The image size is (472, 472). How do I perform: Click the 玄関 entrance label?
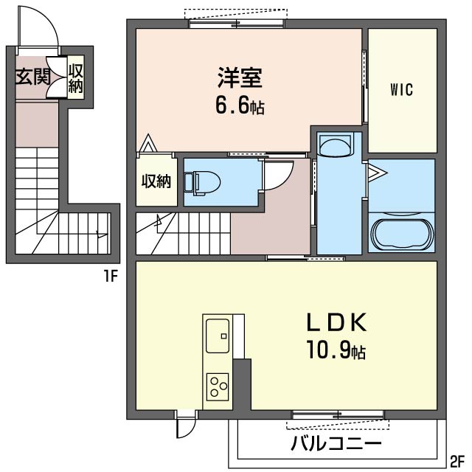tap(31, 77)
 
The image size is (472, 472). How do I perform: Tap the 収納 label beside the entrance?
tap(76, 77)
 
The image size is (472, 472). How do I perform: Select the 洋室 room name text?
tap(235, 77)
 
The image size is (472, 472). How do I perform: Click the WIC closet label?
tap(401, 90)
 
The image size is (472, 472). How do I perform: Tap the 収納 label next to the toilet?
tap(156, 181)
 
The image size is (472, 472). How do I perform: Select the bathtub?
tap(401, 233)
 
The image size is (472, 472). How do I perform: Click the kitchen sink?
tap(218, 336)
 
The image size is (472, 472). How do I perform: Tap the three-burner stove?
tap(218, 386)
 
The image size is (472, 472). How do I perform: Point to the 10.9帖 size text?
tap(336, 351)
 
